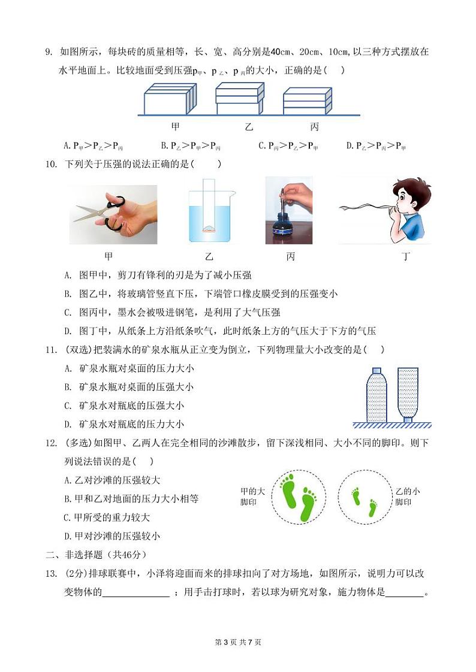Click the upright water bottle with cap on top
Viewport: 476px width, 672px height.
[376, 395]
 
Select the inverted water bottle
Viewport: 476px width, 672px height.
[408, 393]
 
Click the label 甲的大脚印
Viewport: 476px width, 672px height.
[252, 496]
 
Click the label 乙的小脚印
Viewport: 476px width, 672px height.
[408, 497]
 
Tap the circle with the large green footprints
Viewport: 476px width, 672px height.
[299, 495]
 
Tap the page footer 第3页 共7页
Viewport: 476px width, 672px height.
[237, 642]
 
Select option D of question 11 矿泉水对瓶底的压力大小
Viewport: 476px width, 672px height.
[124, 423]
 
